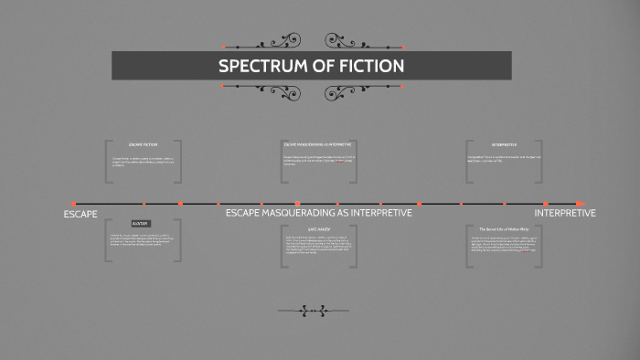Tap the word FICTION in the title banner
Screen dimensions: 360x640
tap(369, 67)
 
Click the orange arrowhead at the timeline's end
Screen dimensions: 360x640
tap(580, 203)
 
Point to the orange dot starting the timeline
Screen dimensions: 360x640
tap(73, 203)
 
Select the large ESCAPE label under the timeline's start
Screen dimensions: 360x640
tap(80, 214)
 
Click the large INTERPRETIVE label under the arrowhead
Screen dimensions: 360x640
tap(564, 213)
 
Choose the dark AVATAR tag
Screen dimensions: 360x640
tap(140, 223)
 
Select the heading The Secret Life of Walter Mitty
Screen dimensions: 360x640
tap(504, 229)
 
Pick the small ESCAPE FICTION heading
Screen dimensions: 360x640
tap(144, 144)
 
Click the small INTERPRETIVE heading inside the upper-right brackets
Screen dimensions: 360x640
tap(504, 144)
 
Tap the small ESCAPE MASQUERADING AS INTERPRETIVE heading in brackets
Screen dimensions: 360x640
tap(317, 144)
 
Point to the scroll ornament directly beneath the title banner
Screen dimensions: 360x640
tap(312, 90)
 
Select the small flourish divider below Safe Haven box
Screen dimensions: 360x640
tap(312, 311)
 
